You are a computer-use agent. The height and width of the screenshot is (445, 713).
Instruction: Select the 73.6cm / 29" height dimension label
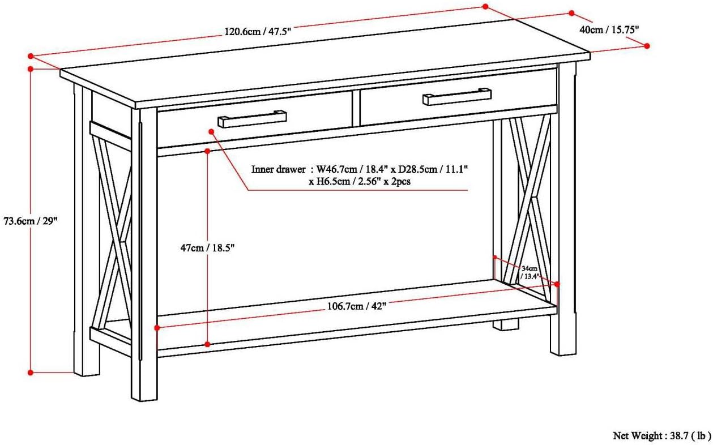tap(31, 221)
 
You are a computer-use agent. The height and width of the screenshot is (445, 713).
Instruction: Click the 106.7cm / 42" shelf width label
tap(356, 306)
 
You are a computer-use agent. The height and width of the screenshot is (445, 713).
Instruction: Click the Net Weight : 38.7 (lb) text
tap(661, 435)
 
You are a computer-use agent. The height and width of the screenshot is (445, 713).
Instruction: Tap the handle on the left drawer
tap(252, 119)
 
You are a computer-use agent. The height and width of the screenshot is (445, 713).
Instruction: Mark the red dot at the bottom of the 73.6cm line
tap(31, 372)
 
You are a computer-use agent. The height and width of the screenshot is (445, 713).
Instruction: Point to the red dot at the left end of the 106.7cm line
tap(157, 327)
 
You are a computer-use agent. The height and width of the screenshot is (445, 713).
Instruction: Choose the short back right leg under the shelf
tap(505, 325)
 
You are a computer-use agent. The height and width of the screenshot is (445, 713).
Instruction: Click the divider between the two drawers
tap(356, 108)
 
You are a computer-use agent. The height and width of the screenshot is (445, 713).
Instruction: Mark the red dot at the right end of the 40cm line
tap(647, 46)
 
